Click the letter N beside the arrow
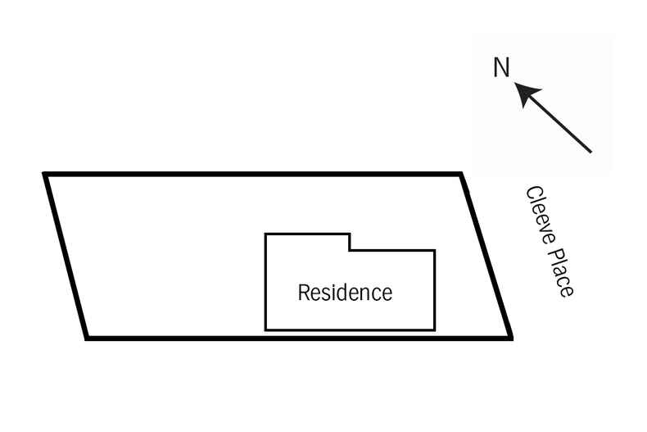point(501,67)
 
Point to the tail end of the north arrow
point(590,152)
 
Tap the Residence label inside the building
point(345,293)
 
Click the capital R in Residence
point(303,293)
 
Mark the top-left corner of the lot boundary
point(46,175)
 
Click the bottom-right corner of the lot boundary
point(511,337)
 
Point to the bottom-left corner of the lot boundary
point(87,337)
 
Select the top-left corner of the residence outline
point(265,235)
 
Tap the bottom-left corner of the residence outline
point(265,330)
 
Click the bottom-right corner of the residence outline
point(434,330)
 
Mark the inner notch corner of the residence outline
point(350,250)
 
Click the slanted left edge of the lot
point(66,256)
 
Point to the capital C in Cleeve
point(532,195)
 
